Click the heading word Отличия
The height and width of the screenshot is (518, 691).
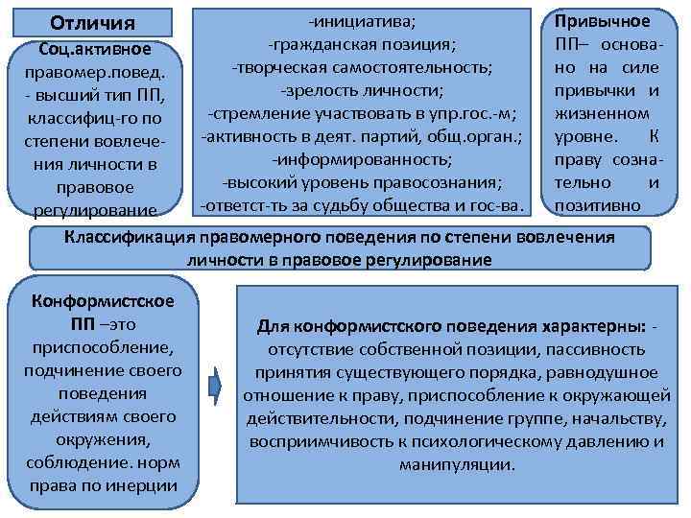tap(92, 21)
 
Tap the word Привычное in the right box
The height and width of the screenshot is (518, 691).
tap(602, 20)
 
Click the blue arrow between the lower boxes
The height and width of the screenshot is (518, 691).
tap(215, 385)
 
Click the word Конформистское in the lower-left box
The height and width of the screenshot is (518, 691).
tap(103, 301)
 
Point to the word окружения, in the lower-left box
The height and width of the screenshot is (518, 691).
tap(103, 439)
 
